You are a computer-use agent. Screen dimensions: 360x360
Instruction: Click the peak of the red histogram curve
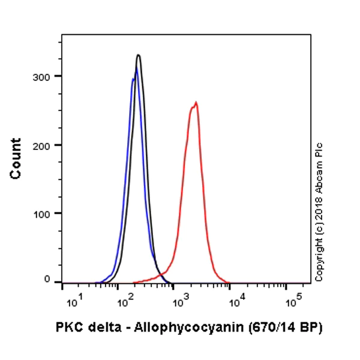coord(196,103)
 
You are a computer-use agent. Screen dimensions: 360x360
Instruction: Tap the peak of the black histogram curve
coord(139,55)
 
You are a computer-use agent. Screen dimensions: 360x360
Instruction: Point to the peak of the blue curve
coord(136,69)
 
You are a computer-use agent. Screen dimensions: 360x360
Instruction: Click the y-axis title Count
coord(16,158)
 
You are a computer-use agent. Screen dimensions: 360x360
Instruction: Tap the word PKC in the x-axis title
coord(68,327)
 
